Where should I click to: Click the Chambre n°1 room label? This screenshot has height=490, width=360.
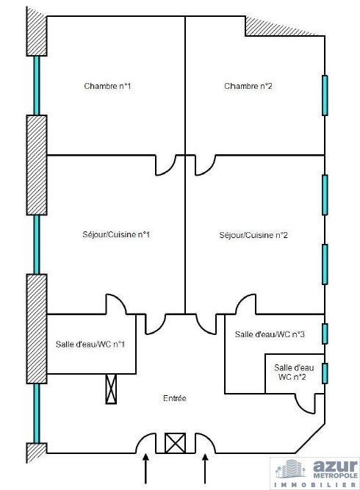point(107,86)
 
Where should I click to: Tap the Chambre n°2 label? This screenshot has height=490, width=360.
point(248,86)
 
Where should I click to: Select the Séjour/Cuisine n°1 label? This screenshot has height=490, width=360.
point(116,234)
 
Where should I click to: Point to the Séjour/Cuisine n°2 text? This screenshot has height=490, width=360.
point(253,235)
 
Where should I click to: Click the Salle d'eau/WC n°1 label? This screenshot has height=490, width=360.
point(90,344)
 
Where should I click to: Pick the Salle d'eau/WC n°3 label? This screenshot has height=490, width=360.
point(270,334)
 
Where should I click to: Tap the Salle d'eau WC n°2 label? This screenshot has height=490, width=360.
point(294,372)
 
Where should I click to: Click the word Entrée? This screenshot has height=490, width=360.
point(175,398)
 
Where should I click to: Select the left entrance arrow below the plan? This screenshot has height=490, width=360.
point(145,469)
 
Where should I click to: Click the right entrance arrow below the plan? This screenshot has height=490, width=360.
point(205,469)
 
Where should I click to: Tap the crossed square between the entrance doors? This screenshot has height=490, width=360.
point(175,443)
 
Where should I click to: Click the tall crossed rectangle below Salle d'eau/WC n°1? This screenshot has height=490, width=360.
point(111,389)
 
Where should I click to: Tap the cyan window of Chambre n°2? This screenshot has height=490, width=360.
point(325,96)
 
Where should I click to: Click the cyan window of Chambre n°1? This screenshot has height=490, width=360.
point(37,86)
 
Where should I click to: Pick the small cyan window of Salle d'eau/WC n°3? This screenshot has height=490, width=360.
point(325,334)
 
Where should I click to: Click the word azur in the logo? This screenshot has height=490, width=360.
point(335,466)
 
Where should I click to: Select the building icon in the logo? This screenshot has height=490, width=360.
point(291,469)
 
